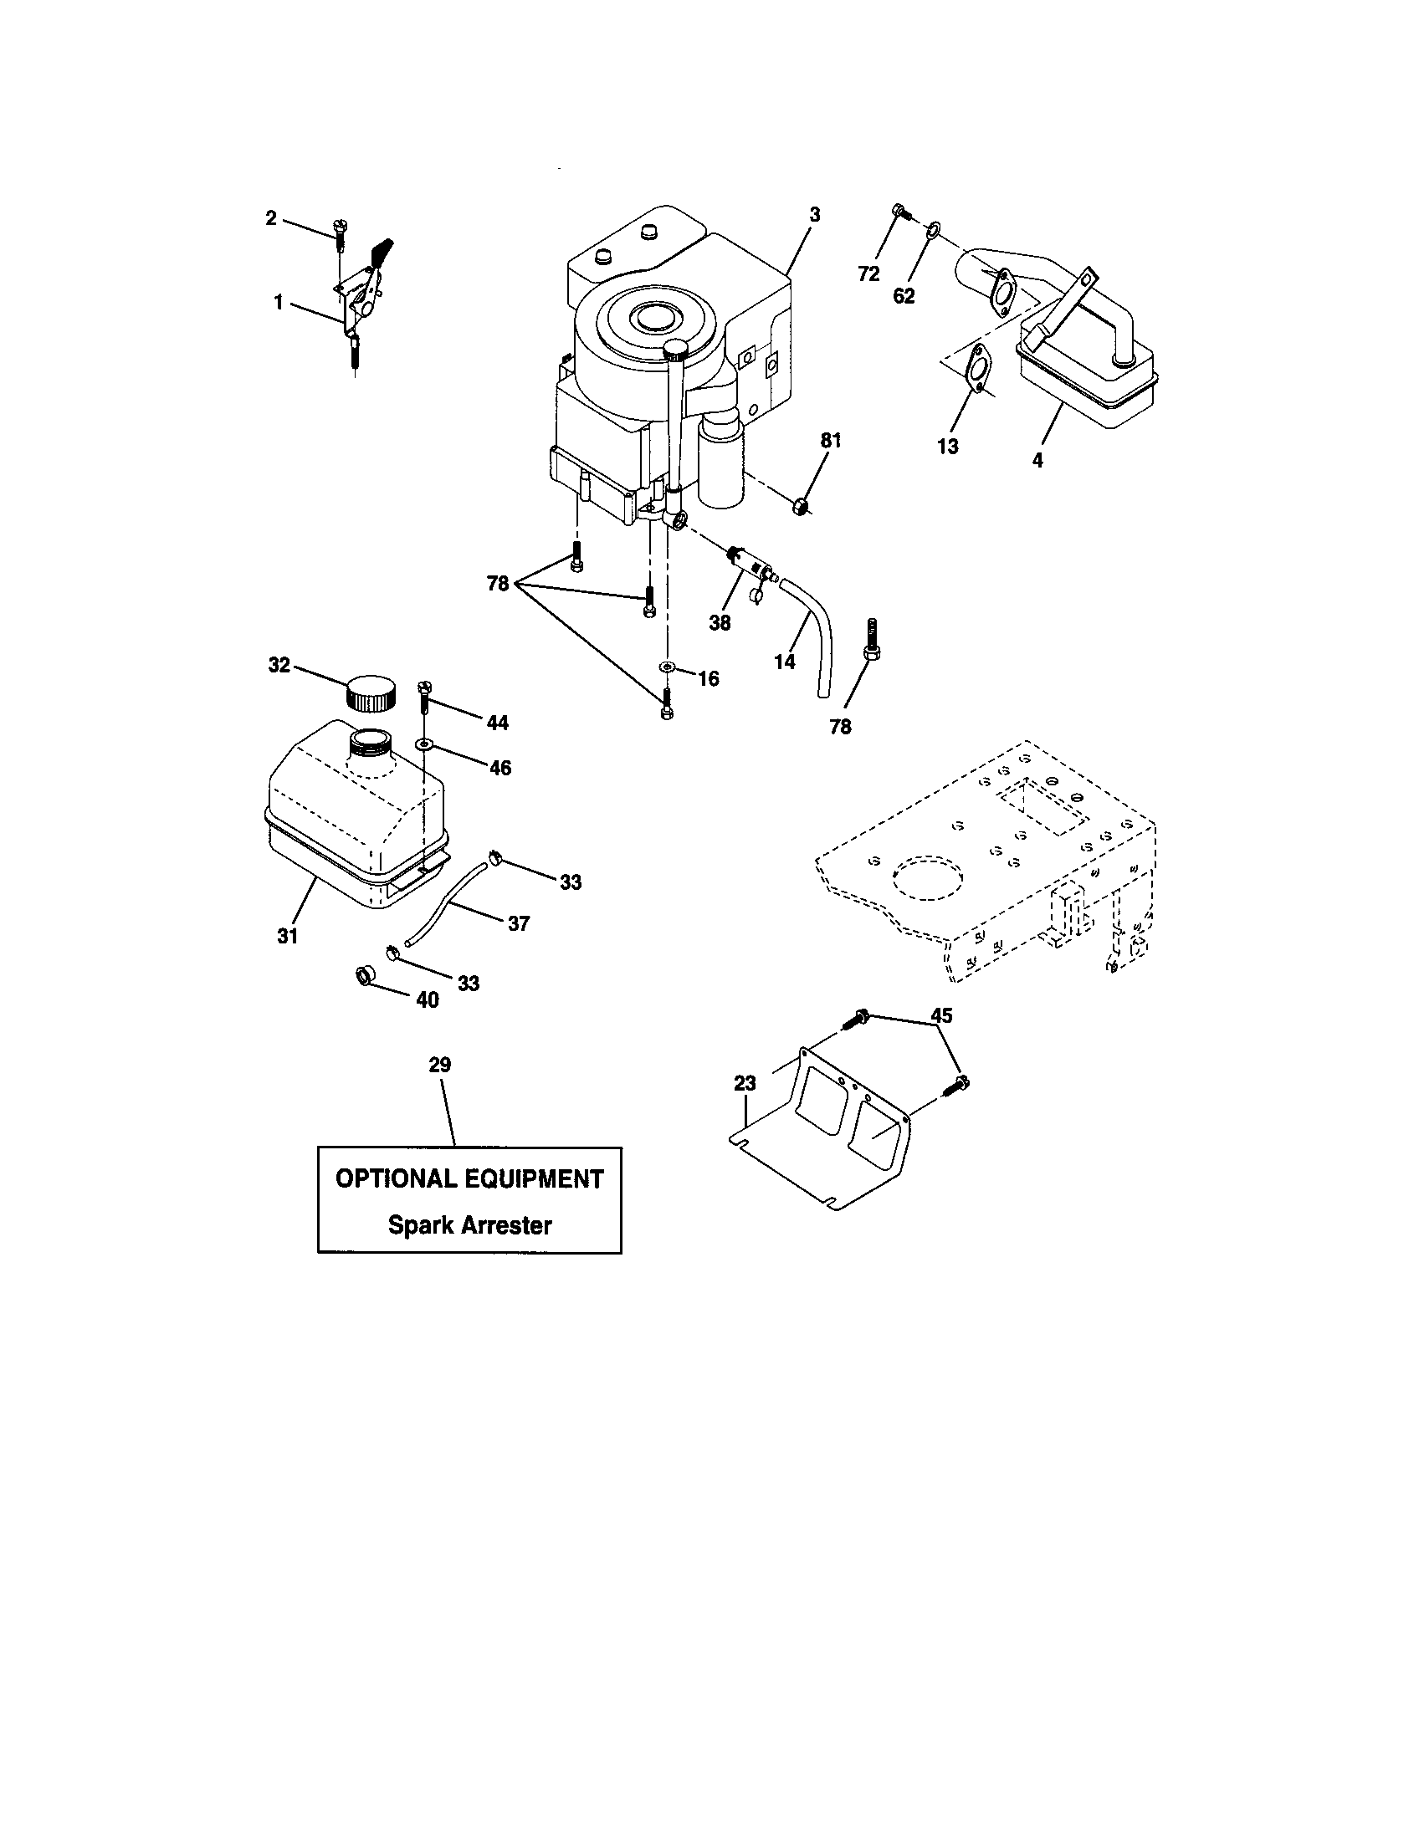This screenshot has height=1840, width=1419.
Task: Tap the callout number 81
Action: (831, 441)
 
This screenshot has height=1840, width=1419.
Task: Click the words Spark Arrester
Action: (469, 1225)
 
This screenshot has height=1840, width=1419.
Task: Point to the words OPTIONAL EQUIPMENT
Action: (469, 1178)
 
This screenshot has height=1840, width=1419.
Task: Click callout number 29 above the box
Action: (440, 1065)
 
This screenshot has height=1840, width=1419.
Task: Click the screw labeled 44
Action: (424, 697)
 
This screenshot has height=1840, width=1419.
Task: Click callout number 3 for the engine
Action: (814, 216)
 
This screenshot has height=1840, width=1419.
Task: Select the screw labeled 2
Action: (341, 234)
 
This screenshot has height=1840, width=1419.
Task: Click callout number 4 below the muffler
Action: (1037, 460)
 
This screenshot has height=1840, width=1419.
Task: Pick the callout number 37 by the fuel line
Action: (518, 923)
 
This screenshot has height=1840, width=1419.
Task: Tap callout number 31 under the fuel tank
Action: (287, 936)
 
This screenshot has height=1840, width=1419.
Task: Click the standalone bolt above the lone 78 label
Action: (873, 640)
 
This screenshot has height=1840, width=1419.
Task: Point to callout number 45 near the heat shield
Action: (941, 1015)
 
